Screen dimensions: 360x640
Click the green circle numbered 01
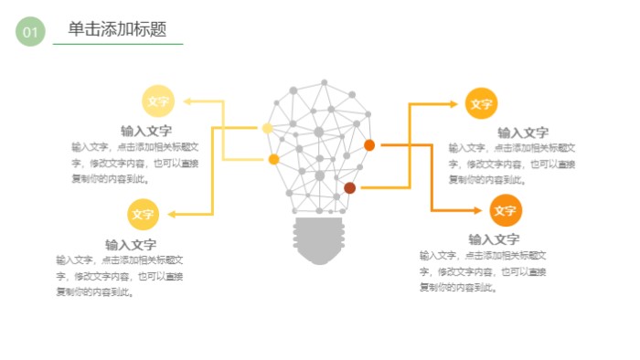click(x=30, y=32)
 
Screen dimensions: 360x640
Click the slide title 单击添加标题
click(x=117, y=29)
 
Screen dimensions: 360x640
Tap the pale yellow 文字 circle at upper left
click(x=157, y=101)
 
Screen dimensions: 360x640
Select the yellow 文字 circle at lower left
click(x=143, y=214)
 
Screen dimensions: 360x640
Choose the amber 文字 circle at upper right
click(x=481, y=104)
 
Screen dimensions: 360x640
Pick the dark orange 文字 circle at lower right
click(x=505, y=210)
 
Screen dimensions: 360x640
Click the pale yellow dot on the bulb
click(x=267, y=128)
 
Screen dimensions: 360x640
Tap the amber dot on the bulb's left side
click(x=273, y=159)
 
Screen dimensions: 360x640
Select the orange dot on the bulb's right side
click(x=369, y=144)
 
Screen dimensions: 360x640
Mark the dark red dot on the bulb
click(x=349, y=187)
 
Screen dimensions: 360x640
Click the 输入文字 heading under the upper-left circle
click(x=146, y=131)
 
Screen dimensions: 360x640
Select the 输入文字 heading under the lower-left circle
click(x=131, y=244)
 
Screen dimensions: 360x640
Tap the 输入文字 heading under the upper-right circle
click(x=523, y=132)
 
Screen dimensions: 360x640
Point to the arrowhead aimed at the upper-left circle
click(x=187, y=101)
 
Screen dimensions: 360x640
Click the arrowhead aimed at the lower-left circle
click(x=171, y=214)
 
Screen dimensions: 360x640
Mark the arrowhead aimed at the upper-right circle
click(x=454, y=104)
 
